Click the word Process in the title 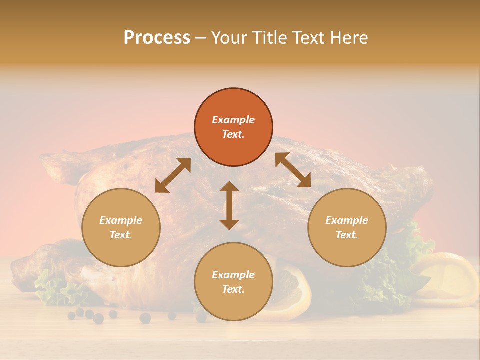pyautogui.click(x=157, y=38)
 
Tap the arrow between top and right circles pyautogui.click(x=293, y=170)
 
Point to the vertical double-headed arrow pyautogui.click(x=229, y=205)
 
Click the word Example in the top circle pyautogui.click(x=233, y=120)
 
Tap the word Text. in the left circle pyautogui.click(x=121, y=235)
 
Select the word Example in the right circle pyautogui.click(x=347, y=220)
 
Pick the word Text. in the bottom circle pyautogui.click(x=233, y=289)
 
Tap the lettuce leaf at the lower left pyautogui.click(x=55, y=290)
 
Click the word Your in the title pyautogui.click(x=228, y=38)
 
